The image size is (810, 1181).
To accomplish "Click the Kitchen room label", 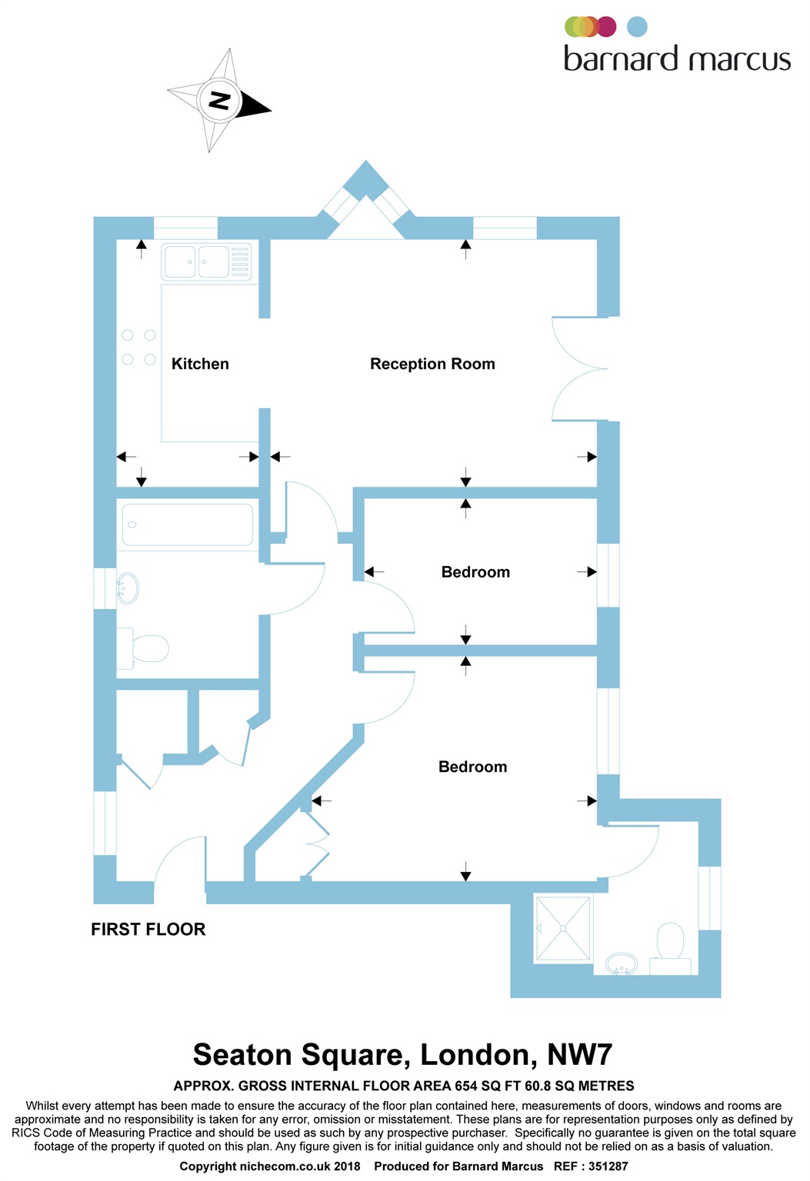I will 200,364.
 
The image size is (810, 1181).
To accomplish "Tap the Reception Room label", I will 432,364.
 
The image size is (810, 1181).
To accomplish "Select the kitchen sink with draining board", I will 206,261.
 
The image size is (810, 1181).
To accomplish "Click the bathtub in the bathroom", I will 188,525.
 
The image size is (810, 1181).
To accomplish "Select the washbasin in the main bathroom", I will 127,588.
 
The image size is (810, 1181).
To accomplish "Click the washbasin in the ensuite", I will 622,963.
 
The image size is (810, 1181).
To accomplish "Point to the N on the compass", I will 219,101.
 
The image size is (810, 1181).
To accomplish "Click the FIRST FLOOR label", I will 148,929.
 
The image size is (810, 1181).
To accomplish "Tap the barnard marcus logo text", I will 677,59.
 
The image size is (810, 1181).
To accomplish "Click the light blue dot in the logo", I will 637,27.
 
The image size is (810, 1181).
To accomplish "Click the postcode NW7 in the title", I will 579,1055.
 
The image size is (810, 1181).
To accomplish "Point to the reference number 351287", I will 608,1166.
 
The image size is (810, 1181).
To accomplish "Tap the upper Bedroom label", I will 475,572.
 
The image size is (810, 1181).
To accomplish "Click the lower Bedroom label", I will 472,767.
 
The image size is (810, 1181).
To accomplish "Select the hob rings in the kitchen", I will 139,348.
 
